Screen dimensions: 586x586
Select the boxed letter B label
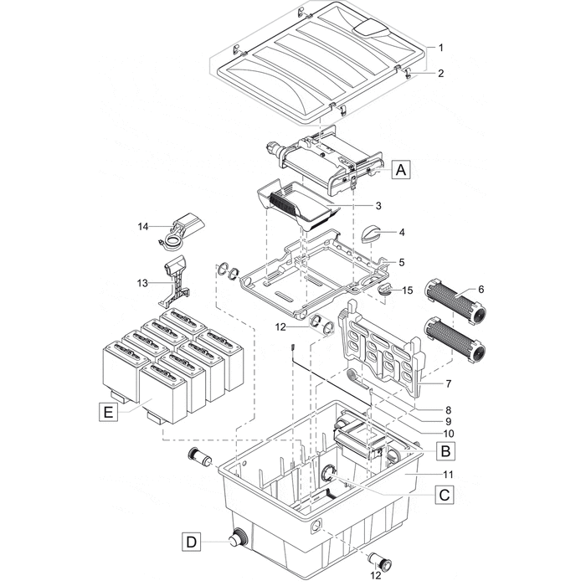coord(445,451)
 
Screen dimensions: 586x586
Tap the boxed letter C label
coord(445,495)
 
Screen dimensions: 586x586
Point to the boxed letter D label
coord(192,542)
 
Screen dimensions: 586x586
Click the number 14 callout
coord(143,226)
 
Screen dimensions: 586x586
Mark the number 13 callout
coord(143,284)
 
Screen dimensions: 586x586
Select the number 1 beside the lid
coord(441,47)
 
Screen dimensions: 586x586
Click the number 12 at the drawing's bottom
coord(375,575)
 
